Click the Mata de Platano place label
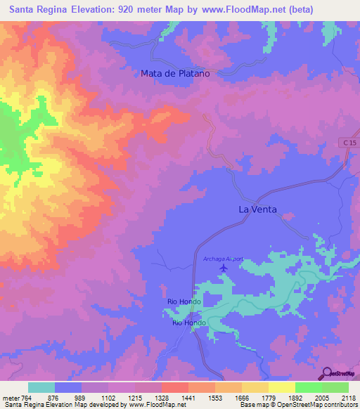(175, 73)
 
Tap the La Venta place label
(257, 209)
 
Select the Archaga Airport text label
(223, 259)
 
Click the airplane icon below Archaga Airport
(224, 268)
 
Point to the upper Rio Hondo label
(184, 301)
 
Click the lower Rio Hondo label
(189, 323)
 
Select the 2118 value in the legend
(348, 397)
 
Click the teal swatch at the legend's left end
(41, 387)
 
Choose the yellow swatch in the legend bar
(281, 387)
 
